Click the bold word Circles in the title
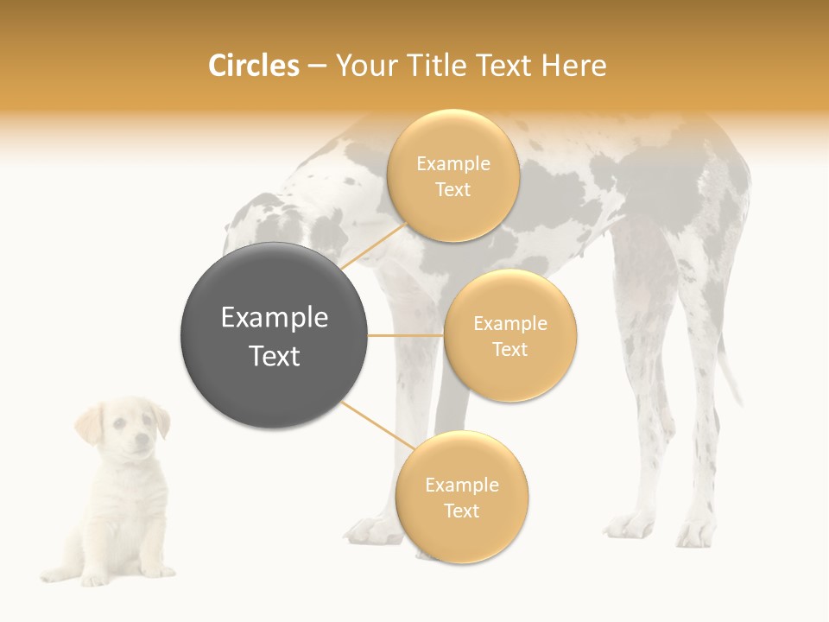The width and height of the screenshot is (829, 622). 254,66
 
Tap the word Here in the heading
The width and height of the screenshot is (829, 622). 573,66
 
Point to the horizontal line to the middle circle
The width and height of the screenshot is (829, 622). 405,335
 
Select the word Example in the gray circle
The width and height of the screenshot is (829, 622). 274,318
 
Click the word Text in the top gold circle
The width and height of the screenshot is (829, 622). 452,190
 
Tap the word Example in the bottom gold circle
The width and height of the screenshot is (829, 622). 461,486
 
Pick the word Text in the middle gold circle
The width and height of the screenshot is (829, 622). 509,350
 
